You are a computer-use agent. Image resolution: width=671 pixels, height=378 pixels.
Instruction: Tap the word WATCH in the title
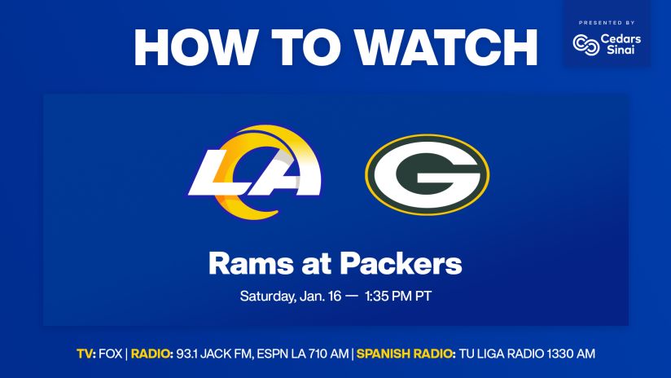click(x=446, y=47)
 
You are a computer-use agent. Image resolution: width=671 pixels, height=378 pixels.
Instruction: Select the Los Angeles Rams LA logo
click(x=255, y=172)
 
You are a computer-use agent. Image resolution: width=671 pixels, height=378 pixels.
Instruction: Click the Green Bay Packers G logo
click(x=427, y=174)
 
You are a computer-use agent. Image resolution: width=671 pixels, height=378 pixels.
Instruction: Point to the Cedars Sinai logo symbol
click(x=585, y=45)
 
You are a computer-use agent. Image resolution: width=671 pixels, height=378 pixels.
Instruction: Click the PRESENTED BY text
click(x=607, y=23)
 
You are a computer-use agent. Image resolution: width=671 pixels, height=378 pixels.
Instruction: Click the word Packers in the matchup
click(x=401, y=264)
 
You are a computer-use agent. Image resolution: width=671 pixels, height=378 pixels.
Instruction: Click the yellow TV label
click(x=86, y=354)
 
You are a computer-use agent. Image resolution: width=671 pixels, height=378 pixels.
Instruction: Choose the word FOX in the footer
click(x=111, y=354)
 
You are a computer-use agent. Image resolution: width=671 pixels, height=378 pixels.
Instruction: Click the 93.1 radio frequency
click(x=186, y=354)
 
